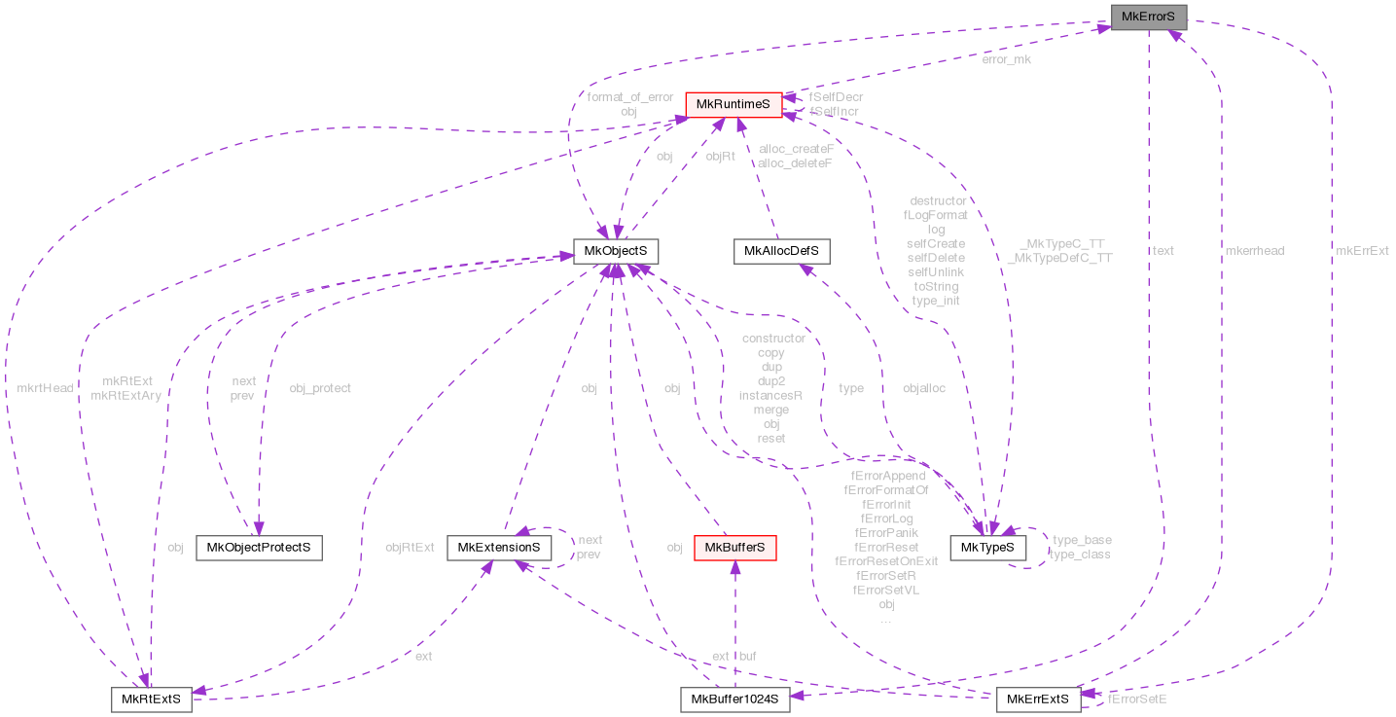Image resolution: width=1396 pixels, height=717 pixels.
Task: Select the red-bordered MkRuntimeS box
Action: coord(734,104)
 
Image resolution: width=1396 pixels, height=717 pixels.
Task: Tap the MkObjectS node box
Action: coord(616,251)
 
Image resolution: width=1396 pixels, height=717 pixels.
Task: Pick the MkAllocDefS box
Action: coord(780,251)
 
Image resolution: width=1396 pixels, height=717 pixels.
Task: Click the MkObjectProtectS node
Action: coord(259,547)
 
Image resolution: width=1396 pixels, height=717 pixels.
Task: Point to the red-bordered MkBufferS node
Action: coord(734,547)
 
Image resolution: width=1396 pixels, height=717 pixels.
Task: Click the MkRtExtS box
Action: coord(151,699)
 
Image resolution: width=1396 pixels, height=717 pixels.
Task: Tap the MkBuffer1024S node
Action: coord(734,699)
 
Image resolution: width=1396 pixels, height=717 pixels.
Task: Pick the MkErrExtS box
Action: coord(1037,699)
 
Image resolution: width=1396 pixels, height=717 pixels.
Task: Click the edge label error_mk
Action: coord(1006,59)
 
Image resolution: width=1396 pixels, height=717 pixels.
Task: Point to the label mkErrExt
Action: coord(1362,250)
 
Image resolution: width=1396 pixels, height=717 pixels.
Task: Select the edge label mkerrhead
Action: coord(1254,250)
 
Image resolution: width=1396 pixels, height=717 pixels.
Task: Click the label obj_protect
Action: coord(320,388)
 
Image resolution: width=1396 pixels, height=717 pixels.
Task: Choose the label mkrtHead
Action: coord(45,388)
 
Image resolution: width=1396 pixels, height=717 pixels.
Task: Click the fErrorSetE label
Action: coord(1137,699)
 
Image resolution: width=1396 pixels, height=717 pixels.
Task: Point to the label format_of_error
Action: coord(629,96)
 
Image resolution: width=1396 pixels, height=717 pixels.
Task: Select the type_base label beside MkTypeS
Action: coord(1082,540)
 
